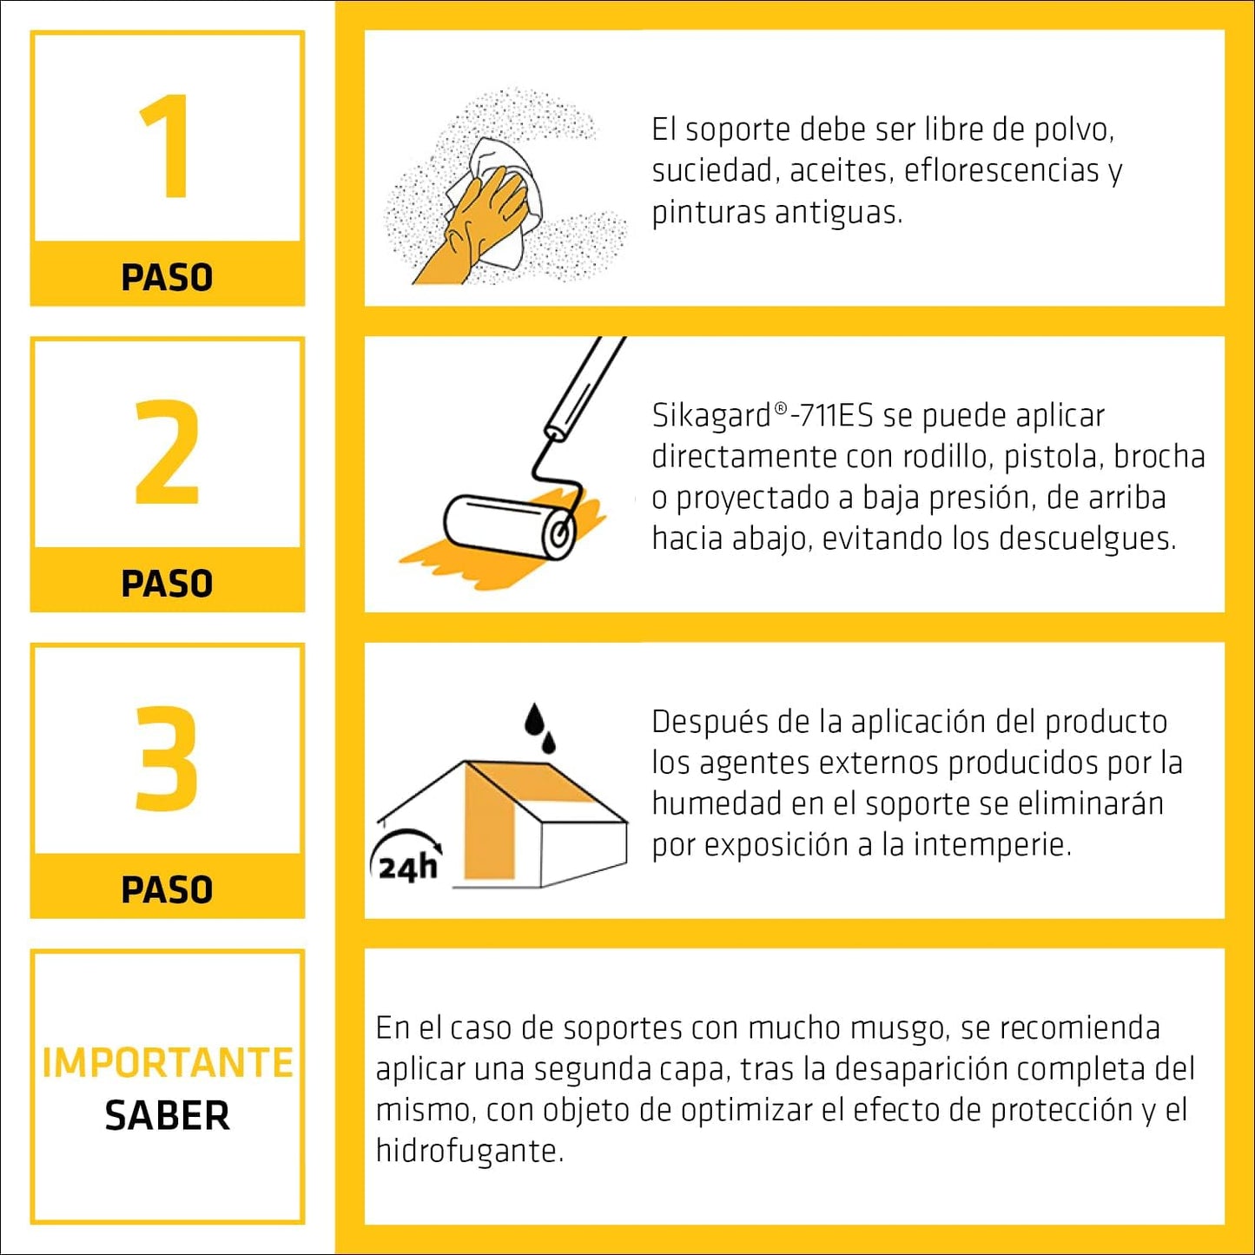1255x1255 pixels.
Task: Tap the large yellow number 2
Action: click(166, 452)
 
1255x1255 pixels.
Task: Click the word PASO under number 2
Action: click(168, 583)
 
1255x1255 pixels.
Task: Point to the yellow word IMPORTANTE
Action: click(168, 1064)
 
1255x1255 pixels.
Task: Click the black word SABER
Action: click(168, 1116)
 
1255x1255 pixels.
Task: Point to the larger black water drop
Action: click(535, 719)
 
